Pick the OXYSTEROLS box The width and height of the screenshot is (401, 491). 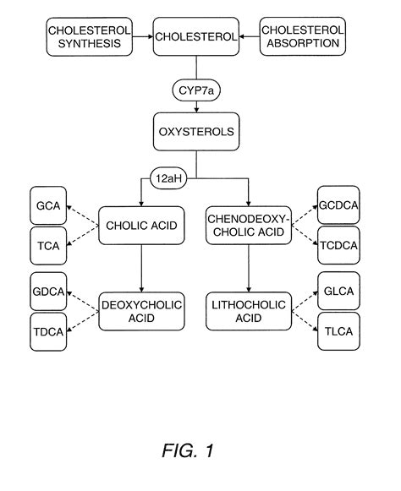(195, 133)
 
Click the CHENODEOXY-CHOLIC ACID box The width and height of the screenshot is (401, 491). (248, 226)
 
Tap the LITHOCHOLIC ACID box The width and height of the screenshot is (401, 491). (248, 309)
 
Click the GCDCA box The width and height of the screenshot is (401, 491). (338, 205)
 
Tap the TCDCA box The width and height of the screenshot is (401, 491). (338, 246)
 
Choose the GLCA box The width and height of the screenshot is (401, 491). (338, 291)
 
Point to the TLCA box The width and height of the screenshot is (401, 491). (338, 331)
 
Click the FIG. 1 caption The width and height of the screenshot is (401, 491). (187, 450)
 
